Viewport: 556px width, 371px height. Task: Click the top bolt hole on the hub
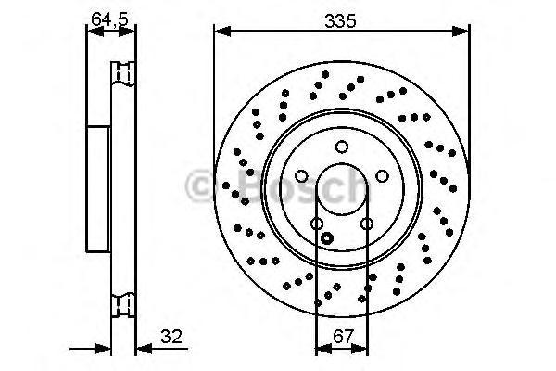(x=341, y=146)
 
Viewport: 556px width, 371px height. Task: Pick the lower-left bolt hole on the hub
(x=317, y=224)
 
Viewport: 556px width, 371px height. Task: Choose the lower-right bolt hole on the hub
(x=366, y=224)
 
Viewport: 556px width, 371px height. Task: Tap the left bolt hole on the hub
(x=301, y=176)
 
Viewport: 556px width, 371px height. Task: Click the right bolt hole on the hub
(x=381, y=176)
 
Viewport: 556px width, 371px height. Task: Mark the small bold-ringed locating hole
(x=325, y=238)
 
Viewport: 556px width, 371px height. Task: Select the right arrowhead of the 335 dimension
(x=462, y=32)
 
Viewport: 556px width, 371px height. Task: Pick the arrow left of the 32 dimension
(x=104, y=350)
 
